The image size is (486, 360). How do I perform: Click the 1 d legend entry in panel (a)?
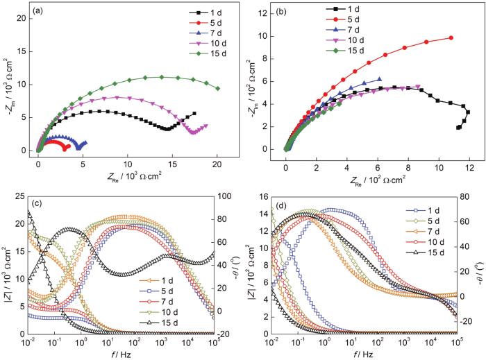201,12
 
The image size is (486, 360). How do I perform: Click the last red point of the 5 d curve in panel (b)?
451,37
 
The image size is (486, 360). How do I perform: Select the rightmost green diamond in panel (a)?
218,88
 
